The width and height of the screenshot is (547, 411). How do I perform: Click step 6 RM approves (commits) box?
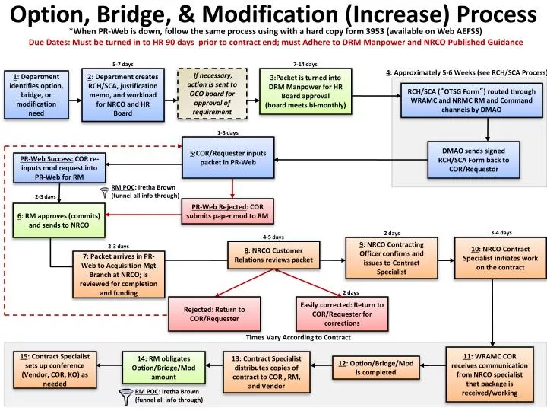(58, 220)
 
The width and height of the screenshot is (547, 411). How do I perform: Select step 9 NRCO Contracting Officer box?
(386, 257)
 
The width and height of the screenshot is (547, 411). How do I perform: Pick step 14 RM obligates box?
(163, 368)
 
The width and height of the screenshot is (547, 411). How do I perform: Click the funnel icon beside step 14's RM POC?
(126, 394)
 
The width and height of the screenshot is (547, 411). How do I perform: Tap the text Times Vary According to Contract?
(298, 337)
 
